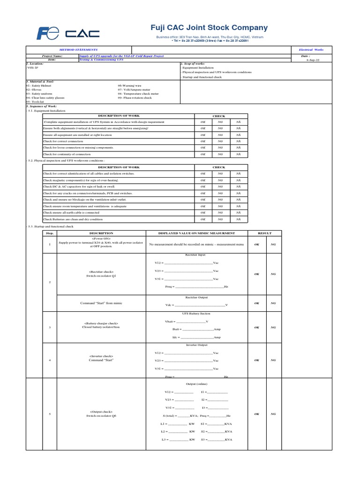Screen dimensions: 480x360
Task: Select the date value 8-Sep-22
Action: coord(314,60)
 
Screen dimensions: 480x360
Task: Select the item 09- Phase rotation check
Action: coord(135,97)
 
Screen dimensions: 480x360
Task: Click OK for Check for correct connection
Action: coord(203,141)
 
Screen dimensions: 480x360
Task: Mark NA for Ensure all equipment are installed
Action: coord(238,135)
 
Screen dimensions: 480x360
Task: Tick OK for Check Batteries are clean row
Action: coord(203,219)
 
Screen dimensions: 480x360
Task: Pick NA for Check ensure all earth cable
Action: coord(238,212)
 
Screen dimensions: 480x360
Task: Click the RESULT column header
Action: coord(265,233)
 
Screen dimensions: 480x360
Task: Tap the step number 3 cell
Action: coord(49,327)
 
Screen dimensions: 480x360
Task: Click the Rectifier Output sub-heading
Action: coord(196,297)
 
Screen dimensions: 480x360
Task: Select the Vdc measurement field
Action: coord(196,305)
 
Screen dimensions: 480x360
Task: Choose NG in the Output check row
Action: coord(273,414)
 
